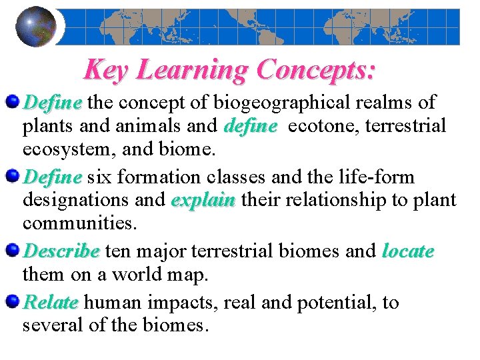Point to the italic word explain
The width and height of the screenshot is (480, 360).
coord(204,200)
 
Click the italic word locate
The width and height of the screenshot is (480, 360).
coord(408,251)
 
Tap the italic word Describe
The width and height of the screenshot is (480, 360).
coord(61,251)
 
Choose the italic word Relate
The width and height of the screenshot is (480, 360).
coord(50,303)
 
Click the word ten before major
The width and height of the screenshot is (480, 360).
coord(118,251)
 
